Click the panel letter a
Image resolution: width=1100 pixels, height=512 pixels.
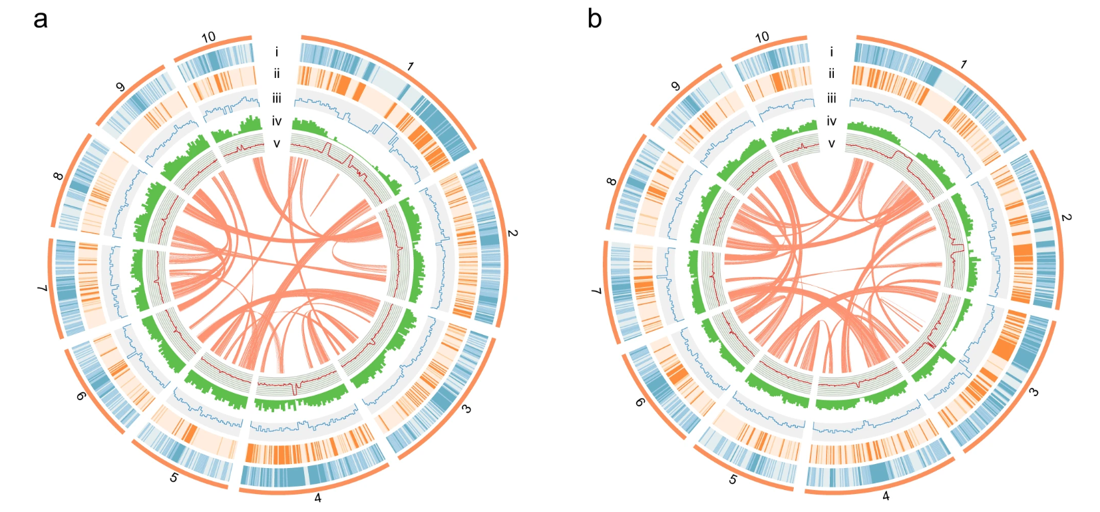click(41, 21)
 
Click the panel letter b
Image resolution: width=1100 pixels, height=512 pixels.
click(594, 19)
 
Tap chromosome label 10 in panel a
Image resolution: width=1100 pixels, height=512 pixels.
click(209, 37)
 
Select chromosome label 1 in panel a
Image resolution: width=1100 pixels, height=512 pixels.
click(411, 66)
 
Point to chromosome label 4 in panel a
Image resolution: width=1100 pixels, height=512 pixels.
click(317, 498)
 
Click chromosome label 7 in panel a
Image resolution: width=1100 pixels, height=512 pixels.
click(43, 288)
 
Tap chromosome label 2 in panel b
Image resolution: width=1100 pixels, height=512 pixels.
click(1066, 217)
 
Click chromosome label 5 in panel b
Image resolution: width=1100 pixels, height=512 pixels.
click(733, 479)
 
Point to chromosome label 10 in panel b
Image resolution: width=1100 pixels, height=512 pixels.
click(762, 37)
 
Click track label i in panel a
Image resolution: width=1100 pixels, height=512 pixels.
click(276, 51)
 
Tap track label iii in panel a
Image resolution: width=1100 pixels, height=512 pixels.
click(276, 99)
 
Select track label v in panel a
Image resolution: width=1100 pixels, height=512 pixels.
click(277, 144)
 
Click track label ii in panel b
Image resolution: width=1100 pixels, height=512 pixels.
click(831, 74)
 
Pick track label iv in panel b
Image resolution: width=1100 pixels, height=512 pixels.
click(831, 121)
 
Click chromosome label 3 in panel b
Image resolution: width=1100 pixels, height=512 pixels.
click(1033, 392)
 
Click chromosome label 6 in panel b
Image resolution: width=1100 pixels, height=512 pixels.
click(640, 402)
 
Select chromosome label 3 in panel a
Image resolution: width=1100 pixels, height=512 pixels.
click(466, 408)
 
